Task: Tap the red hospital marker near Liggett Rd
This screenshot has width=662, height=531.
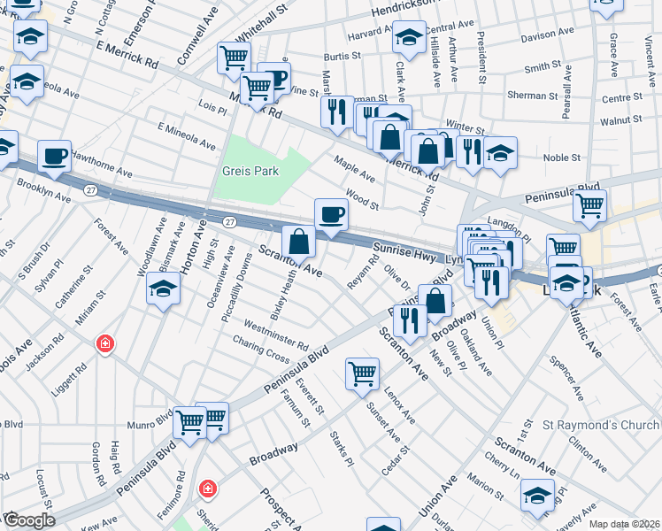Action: tap(105, 343)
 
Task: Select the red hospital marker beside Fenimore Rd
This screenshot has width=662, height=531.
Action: tap(208, 488)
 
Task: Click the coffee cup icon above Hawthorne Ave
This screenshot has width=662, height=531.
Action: tap(55, 156)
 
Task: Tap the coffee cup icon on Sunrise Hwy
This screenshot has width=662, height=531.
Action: tap(331, 214)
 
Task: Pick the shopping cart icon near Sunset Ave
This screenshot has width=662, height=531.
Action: tap(362, 373)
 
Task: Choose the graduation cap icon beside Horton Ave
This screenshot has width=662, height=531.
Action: tap(163, 290)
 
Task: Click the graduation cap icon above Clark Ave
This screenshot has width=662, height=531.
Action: tap(408, 37)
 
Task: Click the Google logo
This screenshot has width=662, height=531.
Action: tap(29, 519)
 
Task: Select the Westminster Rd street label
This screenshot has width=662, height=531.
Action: tap(277, 334)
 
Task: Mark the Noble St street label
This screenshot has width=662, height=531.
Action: tap(562, 158)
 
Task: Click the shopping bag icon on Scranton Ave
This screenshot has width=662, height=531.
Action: tap(299, 241)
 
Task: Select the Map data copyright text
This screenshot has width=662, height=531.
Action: tap(623, 523)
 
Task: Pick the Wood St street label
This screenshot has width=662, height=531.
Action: tap(362, 198)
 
